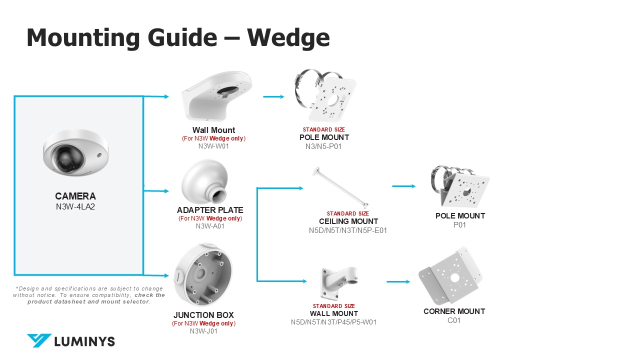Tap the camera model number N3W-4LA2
(x=75, y=205)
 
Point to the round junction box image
(x=203, y=275)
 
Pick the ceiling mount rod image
(x=339, y=187)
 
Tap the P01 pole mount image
(x=459, y=186)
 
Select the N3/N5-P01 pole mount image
(x=327, y=95)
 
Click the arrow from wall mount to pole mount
(x=273, y=96)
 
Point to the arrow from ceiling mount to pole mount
(x=403, y=186)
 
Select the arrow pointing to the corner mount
(x=398, y=281)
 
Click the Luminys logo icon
(x=39, y=341)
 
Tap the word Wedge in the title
(x=288, y=37)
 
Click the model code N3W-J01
(x=203, y=331)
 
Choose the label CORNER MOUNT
(x=454, y=311)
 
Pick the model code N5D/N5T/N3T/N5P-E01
(x=348, y=230)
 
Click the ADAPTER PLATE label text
(x=210, y=210)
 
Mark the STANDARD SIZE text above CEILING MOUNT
(x=348, y=213)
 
